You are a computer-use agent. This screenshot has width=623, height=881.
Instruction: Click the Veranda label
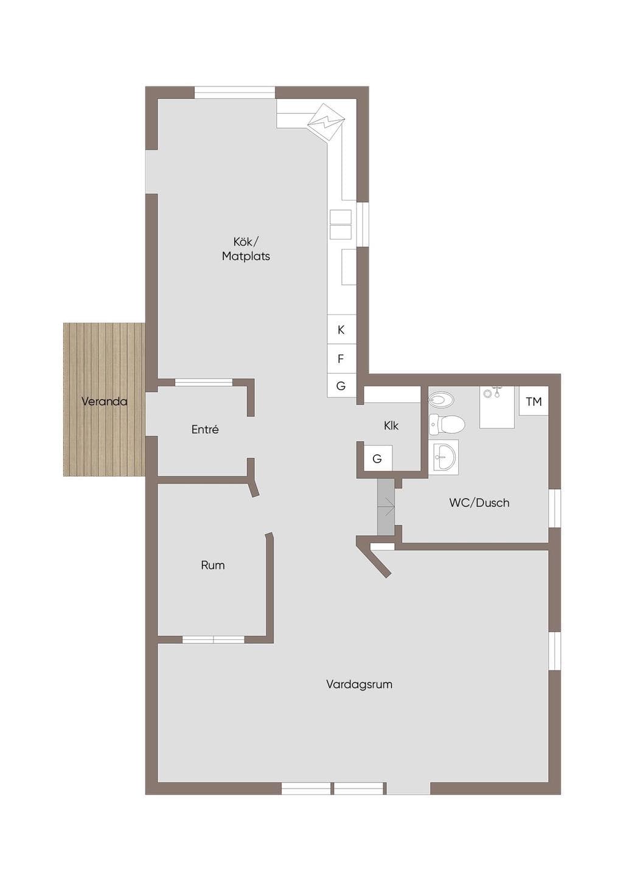104,402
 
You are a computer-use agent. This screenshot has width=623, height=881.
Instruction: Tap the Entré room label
205,429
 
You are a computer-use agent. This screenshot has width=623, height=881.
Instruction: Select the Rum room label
213,565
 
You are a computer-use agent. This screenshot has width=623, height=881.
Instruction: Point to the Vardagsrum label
359,684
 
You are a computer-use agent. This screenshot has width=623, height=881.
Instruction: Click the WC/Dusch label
479,503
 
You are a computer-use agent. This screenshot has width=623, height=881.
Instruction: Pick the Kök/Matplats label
246,249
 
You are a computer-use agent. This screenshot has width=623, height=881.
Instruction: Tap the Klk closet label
391,425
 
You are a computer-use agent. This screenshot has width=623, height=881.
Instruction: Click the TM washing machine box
534,401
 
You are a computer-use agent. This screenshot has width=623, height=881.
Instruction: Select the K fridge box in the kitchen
341,329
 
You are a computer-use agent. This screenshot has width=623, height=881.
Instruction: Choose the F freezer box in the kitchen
341,358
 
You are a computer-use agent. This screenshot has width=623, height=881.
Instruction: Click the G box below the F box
341,386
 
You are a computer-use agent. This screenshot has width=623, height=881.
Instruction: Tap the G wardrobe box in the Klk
378,458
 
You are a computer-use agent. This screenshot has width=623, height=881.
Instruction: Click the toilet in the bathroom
447,424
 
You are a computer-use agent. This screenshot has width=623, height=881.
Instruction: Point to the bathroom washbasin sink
444,458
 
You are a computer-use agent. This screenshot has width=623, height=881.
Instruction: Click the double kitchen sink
341,225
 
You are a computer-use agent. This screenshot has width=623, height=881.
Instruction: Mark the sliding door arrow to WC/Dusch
389,507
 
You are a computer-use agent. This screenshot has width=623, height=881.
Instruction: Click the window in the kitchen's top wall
235,92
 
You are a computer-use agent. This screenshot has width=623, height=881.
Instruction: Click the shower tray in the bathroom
496,407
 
